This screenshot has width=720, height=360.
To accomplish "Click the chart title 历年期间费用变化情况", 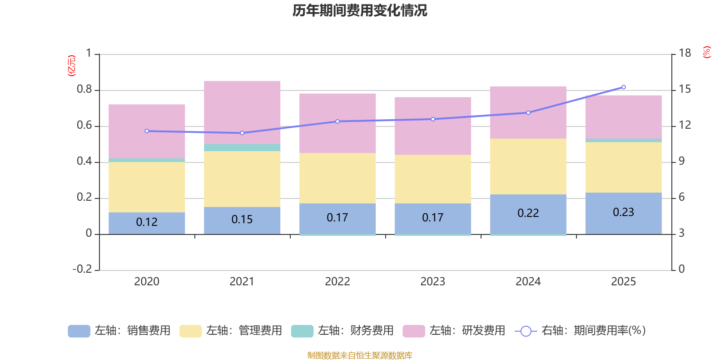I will click(x=360, y=10).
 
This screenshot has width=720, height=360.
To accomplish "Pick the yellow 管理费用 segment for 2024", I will click(x=528, y=166).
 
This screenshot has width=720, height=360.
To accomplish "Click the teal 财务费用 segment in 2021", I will click(x=242, y=148).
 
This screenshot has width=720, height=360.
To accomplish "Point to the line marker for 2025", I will click(x=623, y=87).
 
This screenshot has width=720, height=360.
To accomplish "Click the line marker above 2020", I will click(x=147, y=131).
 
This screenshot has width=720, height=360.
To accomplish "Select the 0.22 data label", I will click(x=528, y=213).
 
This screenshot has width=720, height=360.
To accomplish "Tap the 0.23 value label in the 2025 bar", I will click(x=623, y=212).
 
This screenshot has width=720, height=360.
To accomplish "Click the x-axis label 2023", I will click(x=432, y=282).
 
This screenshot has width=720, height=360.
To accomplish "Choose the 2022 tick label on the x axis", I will click(x=337, y=282).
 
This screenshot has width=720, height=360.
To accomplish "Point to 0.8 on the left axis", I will click(x=84, y=90).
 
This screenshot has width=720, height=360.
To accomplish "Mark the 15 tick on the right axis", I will click(x=684, y=89).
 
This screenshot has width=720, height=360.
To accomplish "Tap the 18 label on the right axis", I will click(x=684, y=53).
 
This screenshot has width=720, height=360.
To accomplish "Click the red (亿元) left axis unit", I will click(x=71, y=66).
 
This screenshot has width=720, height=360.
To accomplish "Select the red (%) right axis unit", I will click(x=706, y=52).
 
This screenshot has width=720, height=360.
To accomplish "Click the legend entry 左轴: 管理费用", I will click(x=230, y=331).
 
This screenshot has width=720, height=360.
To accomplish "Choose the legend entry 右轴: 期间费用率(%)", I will click(x=580, y=331).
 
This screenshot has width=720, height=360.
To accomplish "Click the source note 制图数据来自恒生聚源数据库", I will click(x=360, y=355).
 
